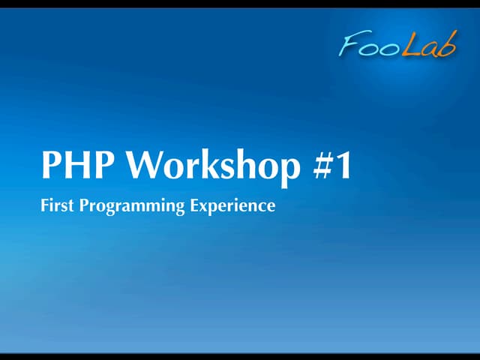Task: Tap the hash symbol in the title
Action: pos(319,166)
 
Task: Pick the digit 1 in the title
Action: pos(342,166)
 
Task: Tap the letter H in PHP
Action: pos(77,166)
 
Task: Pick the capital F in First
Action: pos(44,205)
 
